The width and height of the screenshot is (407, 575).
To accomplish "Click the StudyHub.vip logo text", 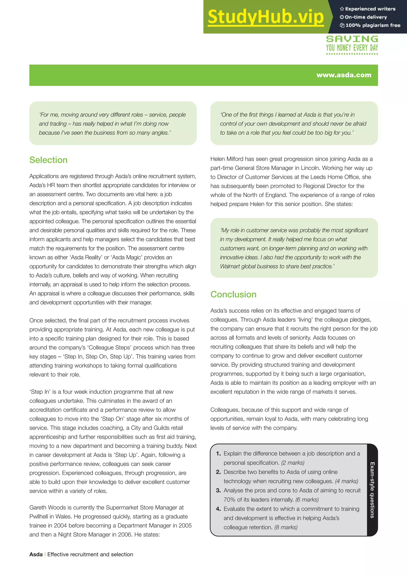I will pyautogui.click(x=266, y=17).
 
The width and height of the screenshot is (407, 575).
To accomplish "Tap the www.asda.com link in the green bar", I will pyautogui.click(x=344, y=75).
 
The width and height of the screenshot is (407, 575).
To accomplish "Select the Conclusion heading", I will pyautogui.click(x=233, y=295).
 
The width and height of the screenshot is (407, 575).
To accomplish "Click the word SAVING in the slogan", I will pyautogui.click(x=352, y=39).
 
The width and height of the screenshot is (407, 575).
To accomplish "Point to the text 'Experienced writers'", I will pyautogui.click(x=370, y=9).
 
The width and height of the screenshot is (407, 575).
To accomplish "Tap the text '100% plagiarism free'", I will pyautogui.click(x=373, y=25).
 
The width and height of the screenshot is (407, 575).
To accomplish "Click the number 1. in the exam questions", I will pyautogui.click(x=218, y=453).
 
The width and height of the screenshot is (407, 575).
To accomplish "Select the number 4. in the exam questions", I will pyautogui.click(x=218, y=509).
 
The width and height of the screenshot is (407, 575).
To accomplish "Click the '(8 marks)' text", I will pyautogui.click(x=286, y=527).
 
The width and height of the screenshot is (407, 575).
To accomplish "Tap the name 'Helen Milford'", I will pyautogui.click(x=227, y=159).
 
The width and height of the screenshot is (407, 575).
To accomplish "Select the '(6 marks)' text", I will pyautogui.click(x=307, y=500).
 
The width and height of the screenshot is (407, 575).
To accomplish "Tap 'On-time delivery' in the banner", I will pyautogui.click(x=366, y=17).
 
